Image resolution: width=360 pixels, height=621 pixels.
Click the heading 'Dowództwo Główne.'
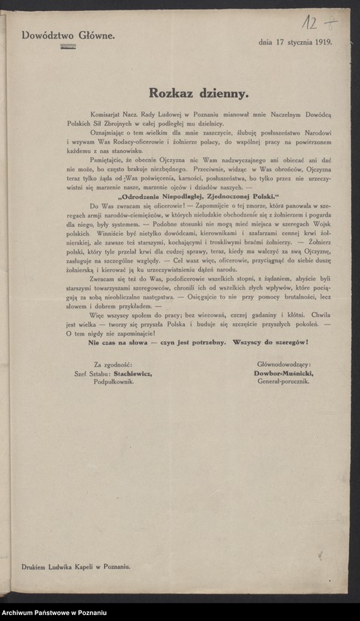click(x=68, y=35)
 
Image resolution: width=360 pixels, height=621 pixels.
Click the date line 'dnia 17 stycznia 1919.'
click(x=295, y=42)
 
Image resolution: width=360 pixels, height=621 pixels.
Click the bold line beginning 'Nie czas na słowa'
click(x=198, y=342)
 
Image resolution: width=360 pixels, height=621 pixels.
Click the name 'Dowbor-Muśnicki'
click(x=283, y=373)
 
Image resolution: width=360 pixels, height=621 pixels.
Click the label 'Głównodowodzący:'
click(x=284, y=364)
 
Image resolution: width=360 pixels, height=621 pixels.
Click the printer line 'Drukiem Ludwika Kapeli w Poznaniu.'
click(x=76, y=566)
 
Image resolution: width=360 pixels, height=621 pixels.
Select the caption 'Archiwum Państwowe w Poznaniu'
click(x=55, y=614)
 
